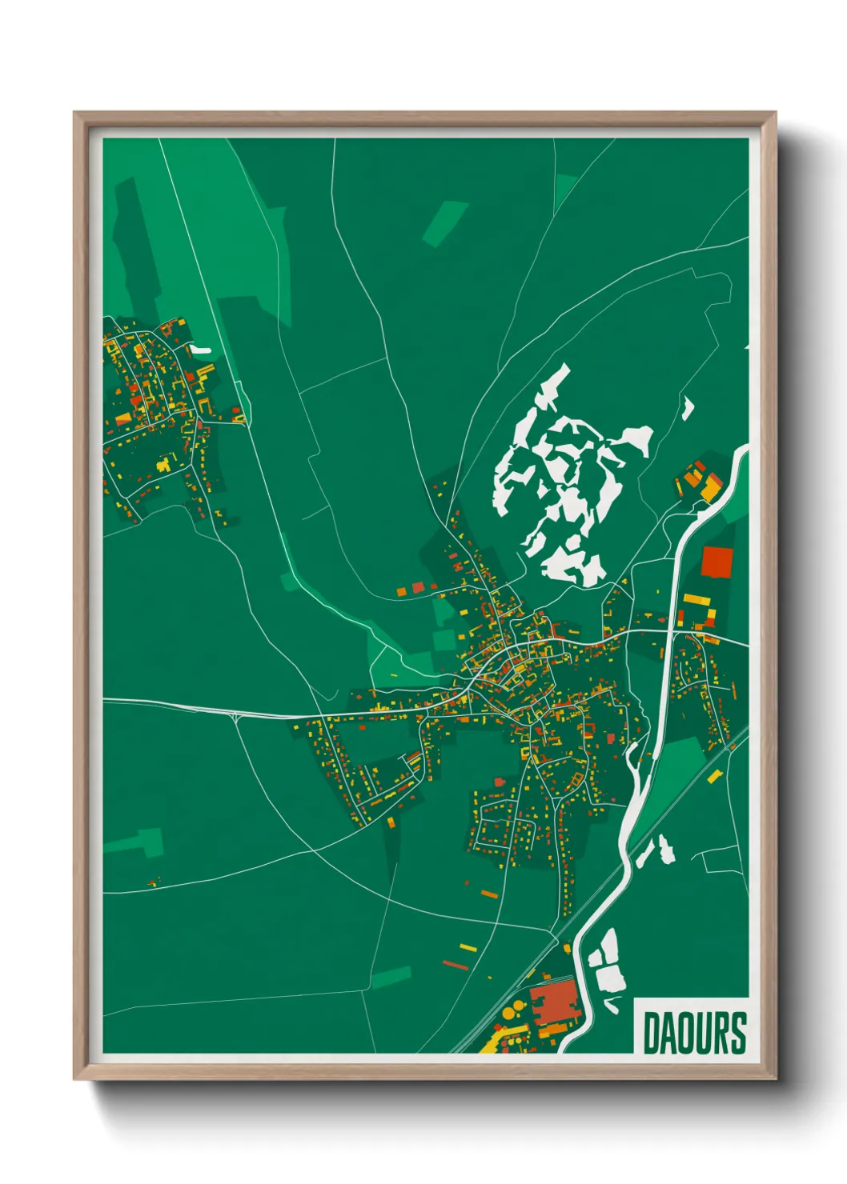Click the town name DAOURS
(694, 1033)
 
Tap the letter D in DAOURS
(650, 1033)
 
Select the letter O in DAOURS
(684, 1033)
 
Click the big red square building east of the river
(717, 562)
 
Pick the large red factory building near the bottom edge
(553, 1002)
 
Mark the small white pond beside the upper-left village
(199, 350)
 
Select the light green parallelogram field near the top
(445, 223)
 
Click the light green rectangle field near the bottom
(391, 977)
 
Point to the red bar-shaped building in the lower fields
(455, 966)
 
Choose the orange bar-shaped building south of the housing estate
(489, 894)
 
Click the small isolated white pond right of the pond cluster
(687, 408)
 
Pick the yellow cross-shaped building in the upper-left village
(164, 464)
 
